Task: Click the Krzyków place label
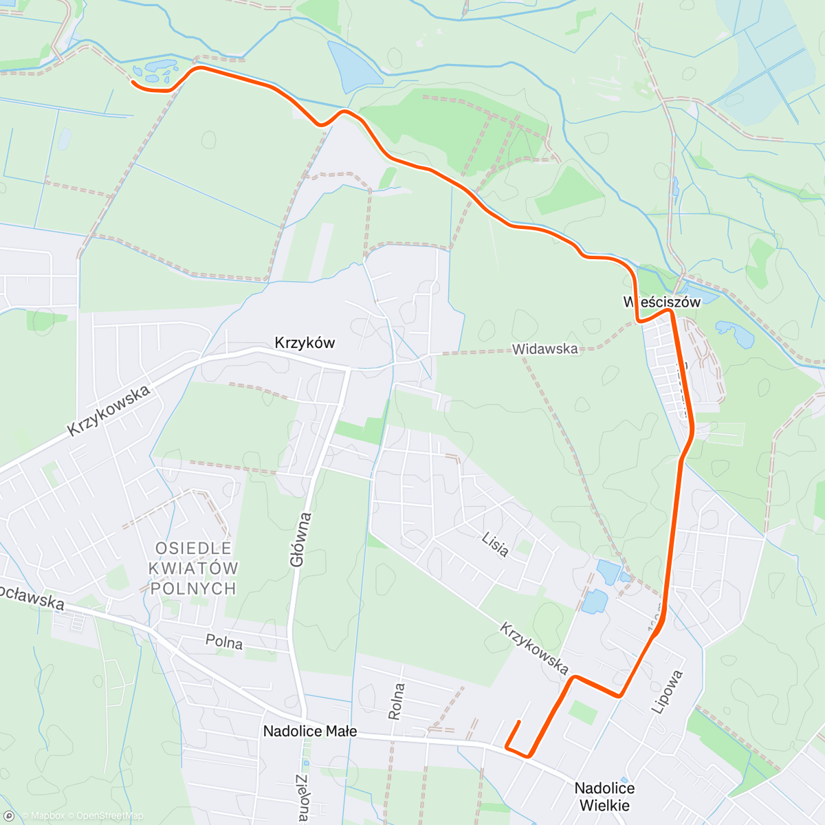pos(305,342)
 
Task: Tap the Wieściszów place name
pos(662,302)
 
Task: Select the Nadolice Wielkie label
pos(604,797)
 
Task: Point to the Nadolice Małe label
pos(310,731)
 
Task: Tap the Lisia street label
pos(495,544)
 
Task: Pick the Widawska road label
pos(544,349)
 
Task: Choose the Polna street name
pos(224,642)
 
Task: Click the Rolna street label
pos(397,701)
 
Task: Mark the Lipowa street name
pos(668,692)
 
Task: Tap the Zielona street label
pos(302,797)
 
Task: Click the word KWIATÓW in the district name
pos(194,569)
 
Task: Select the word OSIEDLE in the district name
pos(194,549)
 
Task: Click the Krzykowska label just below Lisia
pos(534,648)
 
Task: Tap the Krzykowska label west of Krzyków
pos(109,411)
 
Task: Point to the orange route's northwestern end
pos(133,82)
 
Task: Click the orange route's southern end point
pos(517,721)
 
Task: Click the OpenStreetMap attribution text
pos(110,816)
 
